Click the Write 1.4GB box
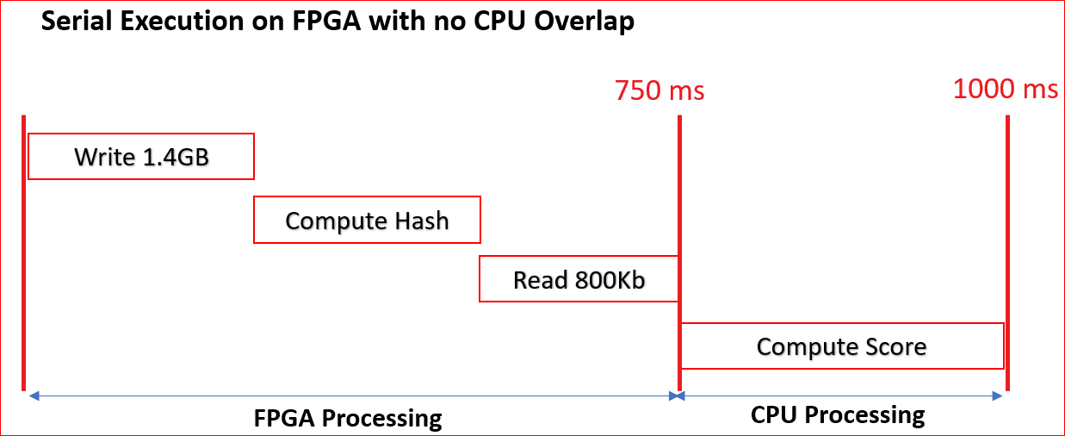(141, 157)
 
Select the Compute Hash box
(367, 221)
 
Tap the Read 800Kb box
(579, 279)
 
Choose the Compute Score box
(841, 346)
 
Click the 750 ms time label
(659, 90)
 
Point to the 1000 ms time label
(1006, 88)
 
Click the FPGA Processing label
(348, 419)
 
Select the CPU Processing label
(838, 415)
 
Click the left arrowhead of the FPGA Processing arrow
(33, 396)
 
